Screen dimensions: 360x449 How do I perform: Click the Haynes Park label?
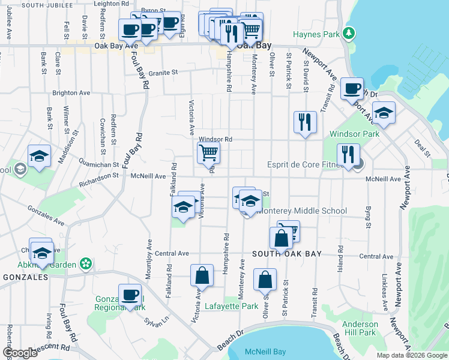316,34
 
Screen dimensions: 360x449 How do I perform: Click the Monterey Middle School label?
302,211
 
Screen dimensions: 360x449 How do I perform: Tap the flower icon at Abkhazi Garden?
87,263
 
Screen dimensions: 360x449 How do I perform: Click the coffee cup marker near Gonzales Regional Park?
130,295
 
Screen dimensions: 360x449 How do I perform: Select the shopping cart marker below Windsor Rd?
208,153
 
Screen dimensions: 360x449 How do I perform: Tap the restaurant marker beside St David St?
305,122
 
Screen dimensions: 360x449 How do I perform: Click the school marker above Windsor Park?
384,113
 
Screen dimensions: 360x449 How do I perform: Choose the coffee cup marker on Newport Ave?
352,89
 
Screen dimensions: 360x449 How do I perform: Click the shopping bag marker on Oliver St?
265,280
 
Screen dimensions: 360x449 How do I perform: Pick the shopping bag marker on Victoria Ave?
202,276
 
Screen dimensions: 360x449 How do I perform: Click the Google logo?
19,353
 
